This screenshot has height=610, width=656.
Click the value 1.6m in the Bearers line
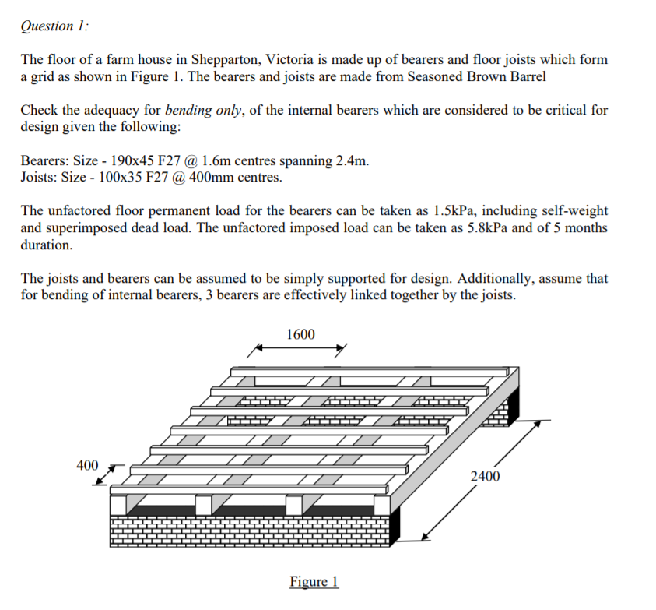(215, 160)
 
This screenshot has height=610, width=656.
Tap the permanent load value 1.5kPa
(415, 211)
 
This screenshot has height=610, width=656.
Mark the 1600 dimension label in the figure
(300, 335)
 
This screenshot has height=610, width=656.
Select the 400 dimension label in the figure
(87, 466)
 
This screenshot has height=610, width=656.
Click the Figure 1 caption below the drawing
(314, 582)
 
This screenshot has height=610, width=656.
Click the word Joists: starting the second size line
(40, 177)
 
